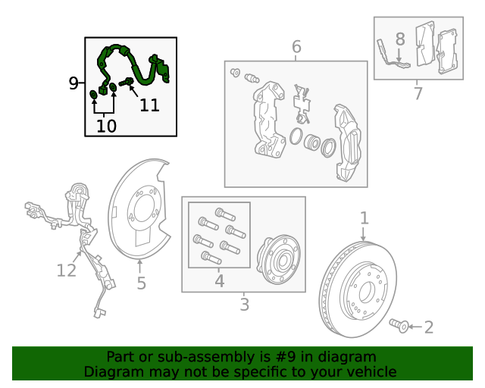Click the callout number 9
(x=74, y=83)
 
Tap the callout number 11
(x=150, y=105)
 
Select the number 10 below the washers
(x=106, y=126)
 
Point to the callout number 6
(x=296, y=47)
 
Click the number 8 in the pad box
(x=400, y=39)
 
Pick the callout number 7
(x=418, y=93)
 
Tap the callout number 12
(x=67, y=271)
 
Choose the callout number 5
(x=142, y=283)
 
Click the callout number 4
(x=219, y=281)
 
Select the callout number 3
(x=244, y=305)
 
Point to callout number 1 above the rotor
(x=365, y=218)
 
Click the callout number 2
(x=429, y=327)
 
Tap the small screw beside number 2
(x=399, y=326)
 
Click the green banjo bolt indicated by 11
(x=126, y=83)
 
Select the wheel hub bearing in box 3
(x=278, y=259)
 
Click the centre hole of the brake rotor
(x=365, y=292)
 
